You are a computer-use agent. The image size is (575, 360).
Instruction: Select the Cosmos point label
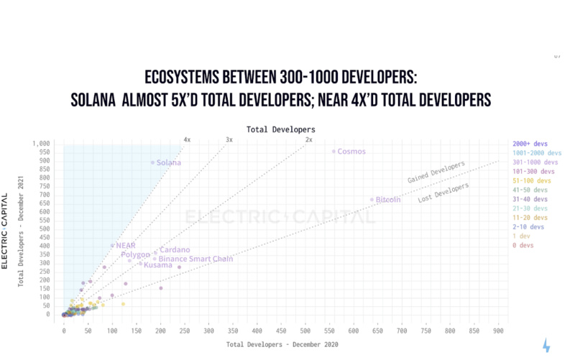point(351,152)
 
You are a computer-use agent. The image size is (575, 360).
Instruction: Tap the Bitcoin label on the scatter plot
point(387,200)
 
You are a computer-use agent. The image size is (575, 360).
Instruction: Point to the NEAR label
point(125,246)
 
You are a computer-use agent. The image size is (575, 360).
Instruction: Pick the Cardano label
point(174,250)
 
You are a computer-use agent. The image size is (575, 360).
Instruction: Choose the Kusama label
point(157,266)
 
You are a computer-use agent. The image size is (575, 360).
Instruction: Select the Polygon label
point(135,255)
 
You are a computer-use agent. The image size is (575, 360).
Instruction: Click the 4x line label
point(187,139)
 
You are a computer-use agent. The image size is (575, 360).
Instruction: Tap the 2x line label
point(308,139)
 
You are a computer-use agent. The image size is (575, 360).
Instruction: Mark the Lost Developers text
point(443,193)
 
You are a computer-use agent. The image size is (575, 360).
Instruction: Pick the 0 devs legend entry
point(523,246)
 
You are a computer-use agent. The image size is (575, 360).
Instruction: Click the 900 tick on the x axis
point(497,331)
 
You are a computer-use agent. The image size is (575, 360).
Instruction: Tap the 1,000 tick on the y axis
point(41,144)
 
